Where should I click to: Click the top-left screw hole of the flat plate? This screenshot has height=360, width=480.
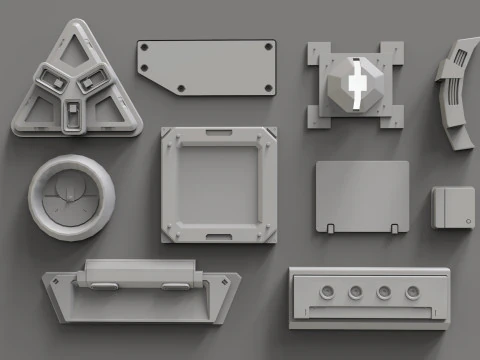pyautogui.click(x=147, y=47)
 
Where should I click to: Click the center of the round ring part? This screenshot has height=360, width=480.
pyautogui.click(x=71, y=197)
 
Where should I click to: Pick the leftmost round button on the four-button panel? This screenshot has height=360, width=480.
pyautogui.click(x=327, y=292)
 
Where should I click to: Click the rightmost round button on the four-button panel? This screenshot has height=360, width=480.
pyautogui.click(x=411, y=292)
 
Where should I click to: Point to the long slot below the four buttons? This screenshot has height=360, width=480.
pyautogui.click(x=368, y=314)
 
